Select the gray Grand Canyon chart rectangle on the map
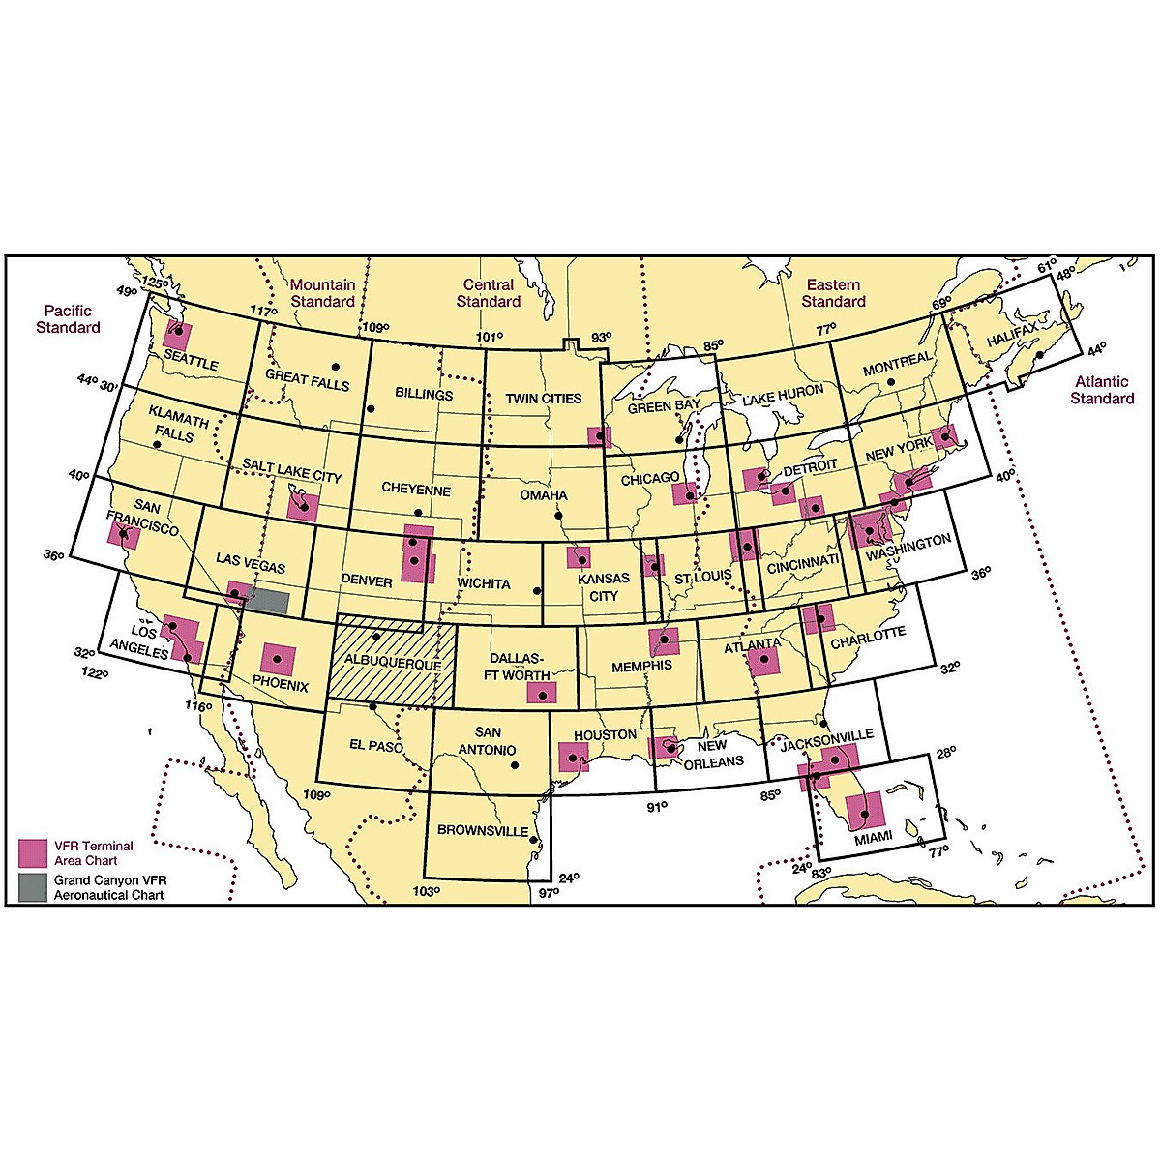click(267, 601)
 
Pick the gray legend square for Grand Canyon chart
click(33, 887)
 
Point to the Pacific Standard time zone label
click(68, 319)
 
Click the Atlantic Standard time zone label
click(1102, 390)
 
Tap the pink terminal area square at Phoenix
click(279, 660)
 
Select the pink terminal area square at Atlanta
click(763, 661)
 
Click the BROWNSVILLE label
click(483, 830)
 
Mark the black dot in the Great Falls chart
click(336, 366)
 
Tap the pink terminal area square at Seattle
click(177, 335)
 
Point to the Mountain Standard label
click(323, 293)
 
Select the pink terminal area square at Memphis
click(664, 640)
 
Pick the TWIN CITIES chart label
click(543, 398)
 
